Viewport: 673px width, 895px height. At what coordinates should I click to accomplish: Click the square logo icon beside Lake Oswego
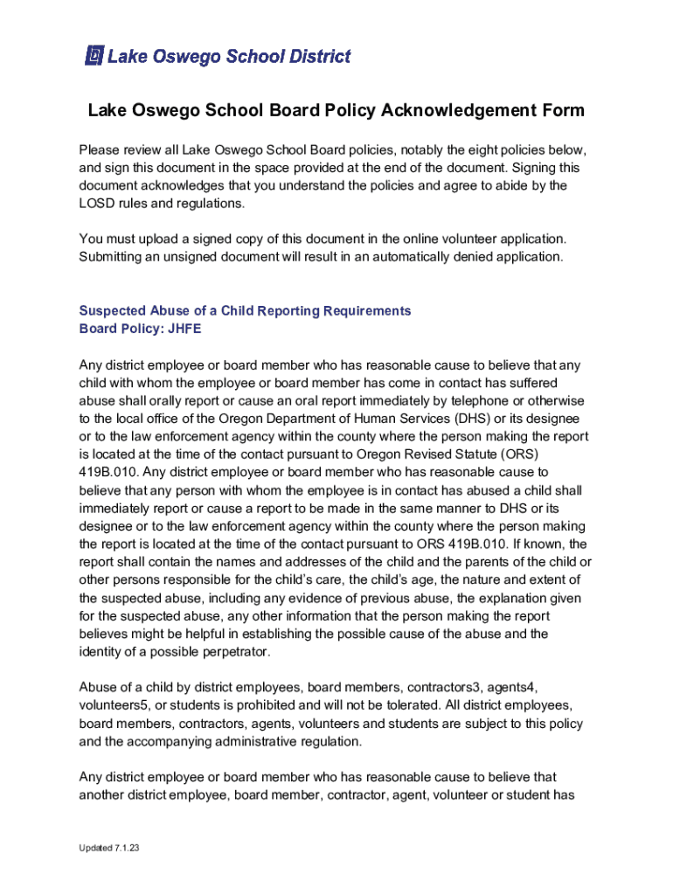(x=94, y=57)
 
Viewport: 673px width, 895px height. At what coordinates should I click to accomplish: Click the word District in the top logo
(x=314, y=57)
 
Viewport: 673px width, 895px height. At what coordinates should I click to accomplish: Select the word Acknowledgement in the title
(x=454, y=111)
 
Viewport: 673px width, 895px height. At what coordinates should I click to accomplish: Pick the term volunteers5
(x=114, y=705)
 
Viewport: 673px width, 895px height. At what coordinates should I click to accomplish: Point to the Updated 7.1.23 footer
(x=106, y=850)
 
